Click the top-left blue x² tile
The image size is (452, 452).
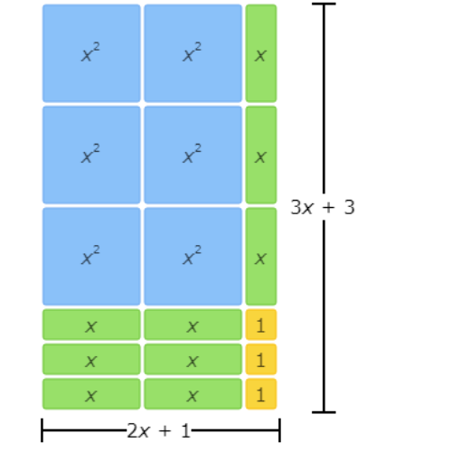tap(91, 53)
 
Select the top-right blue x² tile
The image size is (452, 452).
tap(193, 53)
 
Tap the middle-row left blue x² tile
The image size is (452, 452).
tap(91, 155)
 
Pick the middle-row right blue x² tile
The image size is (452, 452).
tap(193, 155)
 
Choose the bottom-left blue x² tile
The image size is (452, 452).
tap(91, 257)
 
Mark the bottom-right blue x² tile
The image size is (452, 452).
tap(193, 257)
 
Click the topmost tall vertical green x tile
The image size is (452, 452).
tap(261, 53)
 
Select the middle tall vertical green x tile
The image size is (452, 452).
tap(261, 155)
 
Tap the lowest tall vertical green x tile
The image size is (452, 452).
tap(261, 257)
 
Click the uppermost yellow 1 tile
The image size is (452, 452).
tap(261, 325)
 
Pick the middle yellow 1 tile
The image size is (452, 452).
tap(261, 359)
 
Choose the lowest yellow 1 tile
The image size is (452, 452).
tap(261, 394)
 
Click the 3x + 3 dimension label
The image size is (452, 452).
tap(323, 207)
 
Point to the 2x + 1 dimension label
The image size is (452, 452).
tap(159, 430)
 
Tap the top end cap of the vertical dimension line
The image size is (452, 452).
tap(324, 4)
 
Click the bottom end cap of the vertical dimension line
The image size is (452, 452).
tap(324, 412)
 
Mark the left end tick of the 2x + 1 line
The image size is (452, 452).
tap(42, 430)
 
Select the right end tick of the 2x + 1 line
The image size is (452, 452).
tap(280, 430)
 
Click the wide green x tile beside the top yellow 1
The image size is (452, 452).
tap(193, 325)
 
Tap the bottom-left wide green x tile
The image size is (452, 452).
tap(91, 394)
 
